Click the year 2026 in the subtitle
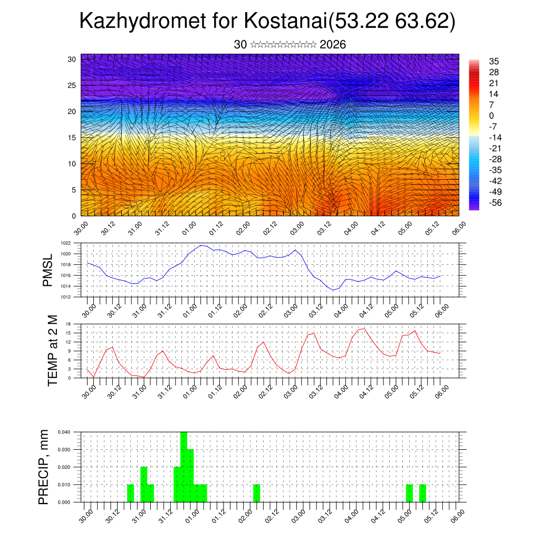(333, 45)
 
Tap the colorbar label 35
(494, 62)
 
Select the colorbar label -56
(495, 202)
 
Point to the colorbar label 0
(491, 115)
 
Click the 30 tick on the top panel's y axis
(72, 59)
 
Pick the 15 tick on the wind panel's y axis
(72, 138)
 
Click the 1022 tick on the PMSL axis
(66, 243)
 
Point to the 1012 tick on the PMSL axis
(66, 297)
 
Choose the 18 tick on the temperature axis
(69, 324)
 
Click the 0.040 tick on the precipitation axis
(63, 432)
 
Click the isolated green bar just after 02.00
(256, 493)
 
